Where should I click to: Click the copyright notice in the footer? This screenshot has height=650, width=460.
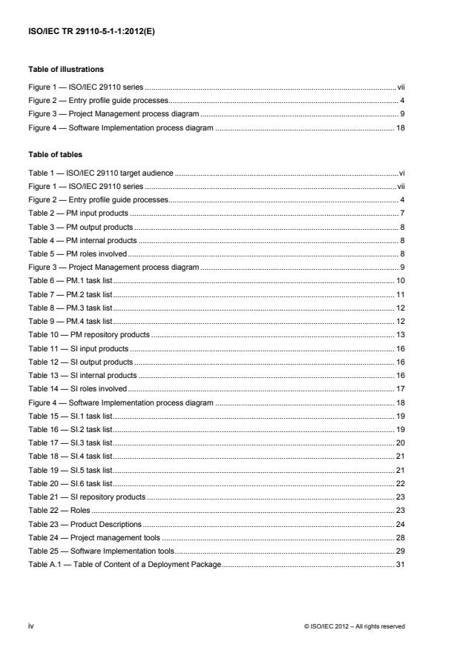click(x=355, y=626)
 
